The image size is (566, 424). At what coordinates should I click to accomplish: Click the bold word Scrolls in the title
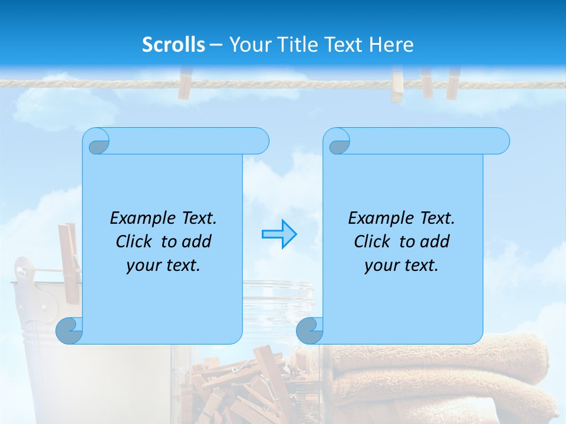tap(174, 45)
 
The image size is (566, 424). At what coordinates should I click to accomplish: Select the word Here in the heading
tap(391, 45)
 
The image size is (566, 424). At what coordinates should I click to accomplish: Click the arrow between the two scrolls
tap(279, 234)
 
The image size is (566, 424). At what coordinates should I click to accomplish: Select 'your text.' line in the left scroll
tap(163, 266)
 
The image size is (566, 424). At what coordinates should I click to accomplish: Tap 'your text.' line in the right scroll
tap(401, 266)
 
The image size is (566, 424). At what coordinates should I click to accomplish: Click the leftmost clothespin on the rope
tap(185, 83)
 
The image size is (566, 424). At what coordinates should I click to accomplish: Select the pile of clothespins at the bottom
tap(242, 389)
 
